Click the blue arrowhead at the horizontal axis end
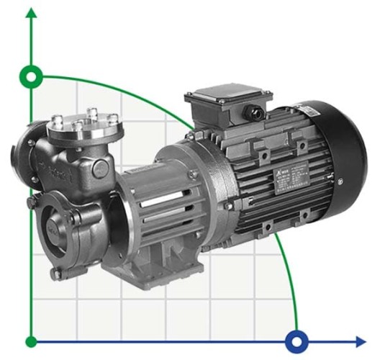point(360,341)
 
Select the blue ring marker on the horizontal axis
point(296,341)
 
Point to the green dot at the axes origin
point(31,341)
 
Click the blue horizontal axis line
point(180,341)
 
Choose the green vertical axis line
point(31,216)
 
